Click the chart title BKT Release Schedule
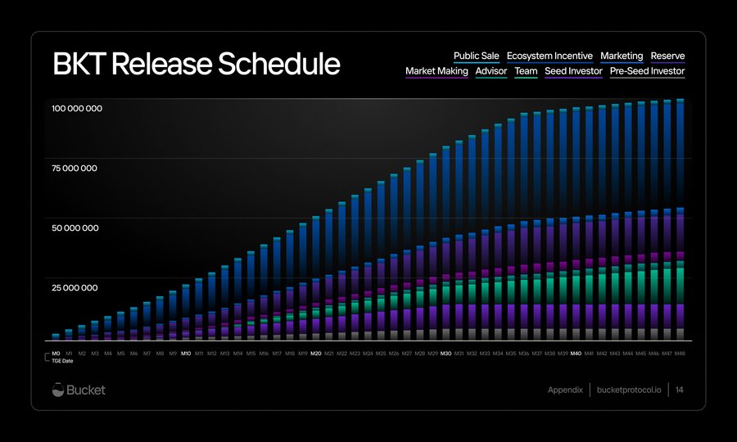click(196, 64)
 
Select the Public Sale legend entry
click(477, 56)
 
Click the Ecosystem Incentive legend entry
click(549, 56)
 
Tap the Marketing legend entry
click(622, 56)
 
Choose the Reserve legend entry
click(667, 56)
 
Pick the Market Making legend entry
click(436, 71)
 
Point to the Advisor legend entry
click(491, 71)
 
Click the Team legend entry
click(526, 71)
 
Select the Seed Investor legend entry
click(573, 71)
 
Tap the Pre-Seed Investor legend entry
click(647, 71)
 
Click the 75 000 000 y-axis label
click(75, 169)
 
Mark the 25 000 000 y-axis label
click(75, 288)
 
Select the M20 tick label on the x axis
click(316, 354)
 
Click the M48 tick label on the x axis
click(680, 354)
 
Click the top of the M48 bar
click(680, 101)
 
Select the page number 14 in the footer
click(680, 390)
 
